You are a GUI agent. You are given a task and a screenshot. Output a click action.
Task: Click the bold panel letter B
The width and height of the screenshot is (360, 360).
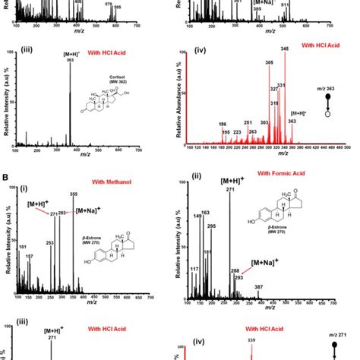click(x=5, y=179)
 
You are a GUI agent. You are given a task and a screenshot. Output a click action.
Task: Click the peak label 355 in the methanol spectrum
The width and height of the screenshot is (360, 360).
click(x=73, y=194)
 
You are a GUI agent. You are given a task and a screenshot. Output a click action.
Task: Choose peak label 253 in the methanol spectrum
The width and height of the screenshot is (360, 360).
click(x=49, y=243)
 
